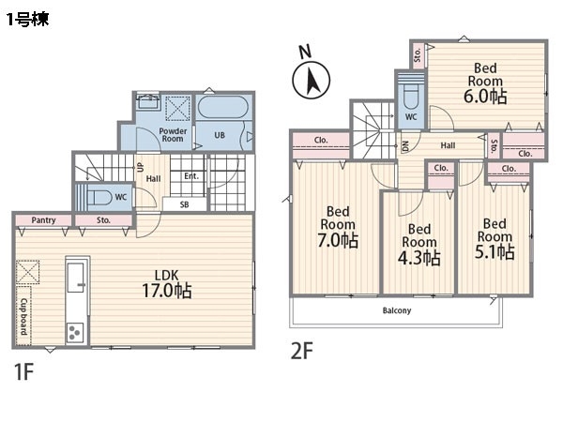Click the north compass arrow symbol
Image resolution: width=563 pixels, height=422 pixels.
(311, 80)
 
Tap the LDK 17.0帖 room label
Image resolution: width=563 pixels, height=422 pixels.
(167, 284)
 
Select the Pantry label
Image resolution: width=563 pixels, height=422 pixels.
(43, 220)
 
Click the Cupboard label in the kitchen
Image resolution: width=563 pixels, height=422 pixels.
(23, 316)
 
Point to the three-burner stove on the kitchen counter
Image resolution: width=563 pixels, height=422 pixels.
(75, 332)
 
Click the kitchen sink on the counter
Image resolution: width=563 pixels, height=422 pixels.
(77, 277)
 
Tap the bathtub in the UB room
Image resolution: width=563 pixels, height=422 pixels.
(223, 107)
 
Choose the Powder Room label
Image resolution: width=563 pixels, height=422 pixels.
(173, 135)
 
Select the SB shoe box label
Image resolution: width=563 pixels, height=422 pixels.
(184, 204)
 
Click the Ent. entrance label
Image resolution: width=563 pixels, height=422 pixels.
(191, 176)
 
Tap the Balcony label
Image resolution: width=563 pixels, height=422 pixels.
(397, 310)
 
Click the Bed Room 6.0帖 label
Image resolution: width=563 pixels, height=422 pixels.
(485, 83)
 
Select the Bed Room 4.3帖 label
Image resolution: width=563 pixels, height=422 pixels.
(419, 245)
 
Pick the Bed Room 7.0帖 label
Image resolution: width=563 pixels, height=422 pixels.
(338, 227)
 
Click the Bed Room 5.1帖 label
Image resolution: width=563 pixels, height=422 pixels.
(495, 238)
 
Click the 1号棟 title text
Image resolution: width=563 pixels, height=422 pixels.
(27, 19)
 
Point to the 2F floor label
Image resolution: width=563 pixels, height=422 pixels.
(301, 351)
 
